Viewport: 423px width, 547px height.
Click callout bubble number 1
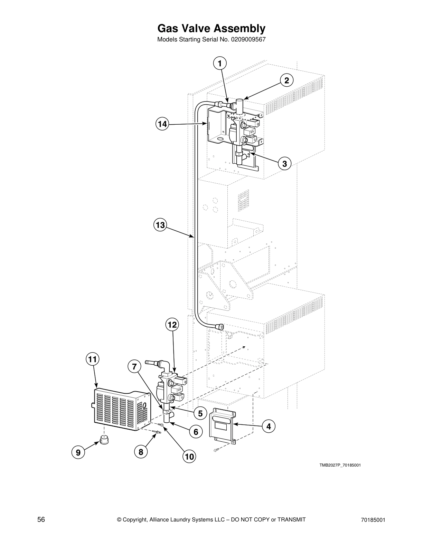pyautogui.click(x=220, y=64)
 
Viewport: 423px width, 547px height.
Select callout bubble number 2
pyautogui.click(x=286, y=80)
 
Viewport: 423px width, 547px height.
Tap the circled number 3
pyautogui.click(x=284, y=163)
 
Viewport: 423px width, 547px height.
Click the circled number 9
pyautogui.click(x=78, y=452)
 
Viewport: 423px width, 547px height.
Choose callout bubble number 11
pyautogui.click(x=92, y=359)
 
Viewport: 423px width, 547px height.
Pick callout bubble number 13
pyautogui.click(x=160, y=225)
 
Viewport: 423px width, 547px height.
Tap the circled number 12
pyautogui.click(x=172, y=325)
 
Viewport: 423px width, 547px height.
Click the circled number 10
pyautogui.click(x=189, y=457)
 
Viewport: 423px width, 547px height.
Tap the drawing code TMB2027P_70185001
pyautogui.click(x=340, y=465)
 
